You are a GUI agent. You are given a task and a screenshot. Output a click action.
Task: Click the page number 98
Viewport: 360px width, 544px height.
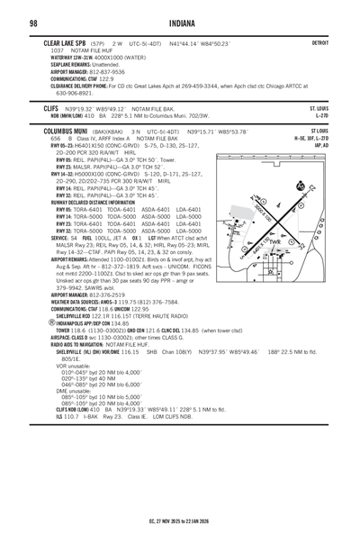[x=31, y=22]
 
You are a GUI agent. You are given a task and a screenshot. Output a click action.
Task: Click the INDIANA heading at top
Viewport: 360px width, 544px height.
[x=179, y=22]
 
